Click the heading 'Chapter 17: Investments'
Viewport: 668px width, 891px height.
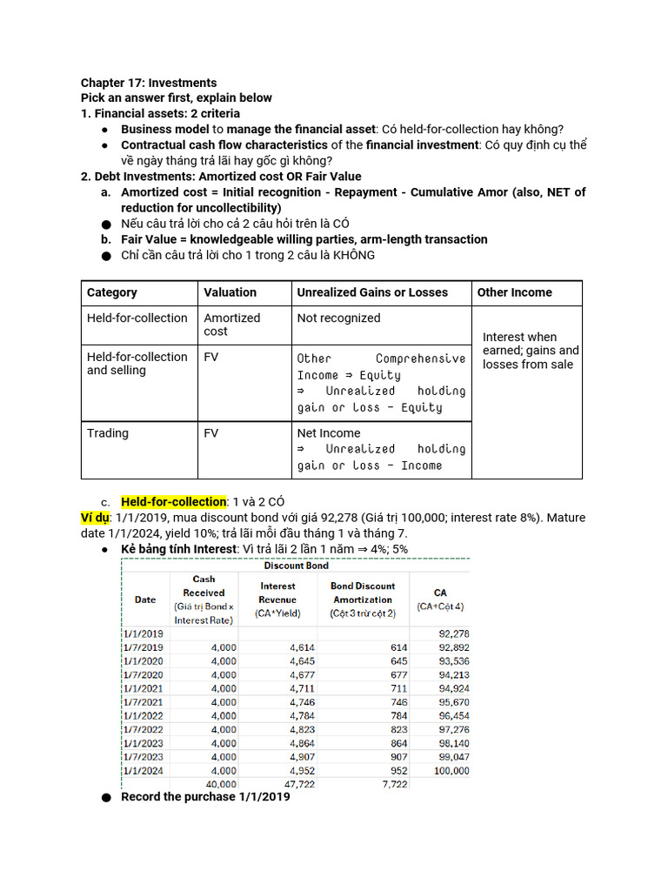point(149,83)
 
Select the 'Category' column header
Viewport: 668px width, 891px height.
point(111,292)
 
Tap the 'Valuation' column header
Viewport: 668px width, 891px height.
point(230,292)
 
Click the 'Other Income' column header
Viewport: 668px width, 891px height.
point(514,292)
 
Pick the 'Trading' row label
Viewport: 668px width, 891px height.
point(107,433)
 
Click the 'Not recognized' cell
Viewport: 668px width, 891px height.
point(338,318)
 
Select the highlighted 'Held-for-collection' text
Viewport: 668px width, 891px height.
point(173,502)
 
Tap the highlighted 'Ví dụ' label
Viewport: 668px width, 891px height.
point(96,519)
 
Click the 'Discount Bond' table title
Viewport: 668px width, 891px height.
point(295,566)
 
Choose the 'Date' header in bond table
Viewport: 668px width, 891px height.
point(145,600)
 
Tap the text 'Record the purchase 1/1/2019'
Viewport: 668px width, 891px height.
point(205,797)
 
